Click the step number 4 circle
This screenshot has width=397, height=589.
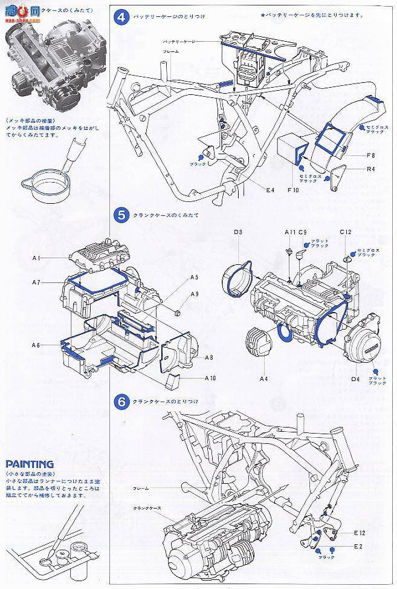pos(121,17)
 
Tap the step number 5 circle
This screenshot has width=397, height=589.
pos(121,214)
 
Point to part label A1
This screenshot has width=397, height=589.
pos(36,258)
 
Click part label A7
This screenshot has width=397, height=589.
pos(36,282)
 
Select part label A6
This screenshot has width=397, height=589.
pos(36,344)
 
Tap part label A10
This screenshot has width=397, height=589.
pos(210,377)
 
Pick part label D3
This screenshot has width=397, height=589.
pos(237,232)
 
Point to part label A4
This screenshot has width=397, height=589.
pos(263,379)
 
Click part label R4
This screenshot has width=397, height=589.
pos(370,169)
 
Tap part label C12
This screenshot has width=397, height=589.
pos(345,232)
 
